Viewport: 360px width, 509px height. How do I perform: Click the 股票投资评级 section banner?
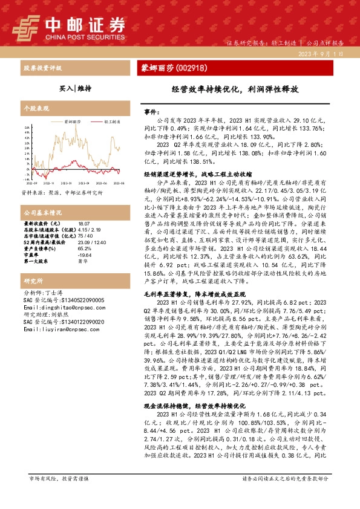pyautogui.click(x=43, y=68)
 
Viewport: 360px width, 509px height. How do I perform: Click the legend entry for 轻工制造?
pyautogui.click(x=110, y=122)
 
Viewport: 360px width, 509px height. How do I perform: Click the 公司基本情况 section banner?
pyautogui.click(x=42, y=196)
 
